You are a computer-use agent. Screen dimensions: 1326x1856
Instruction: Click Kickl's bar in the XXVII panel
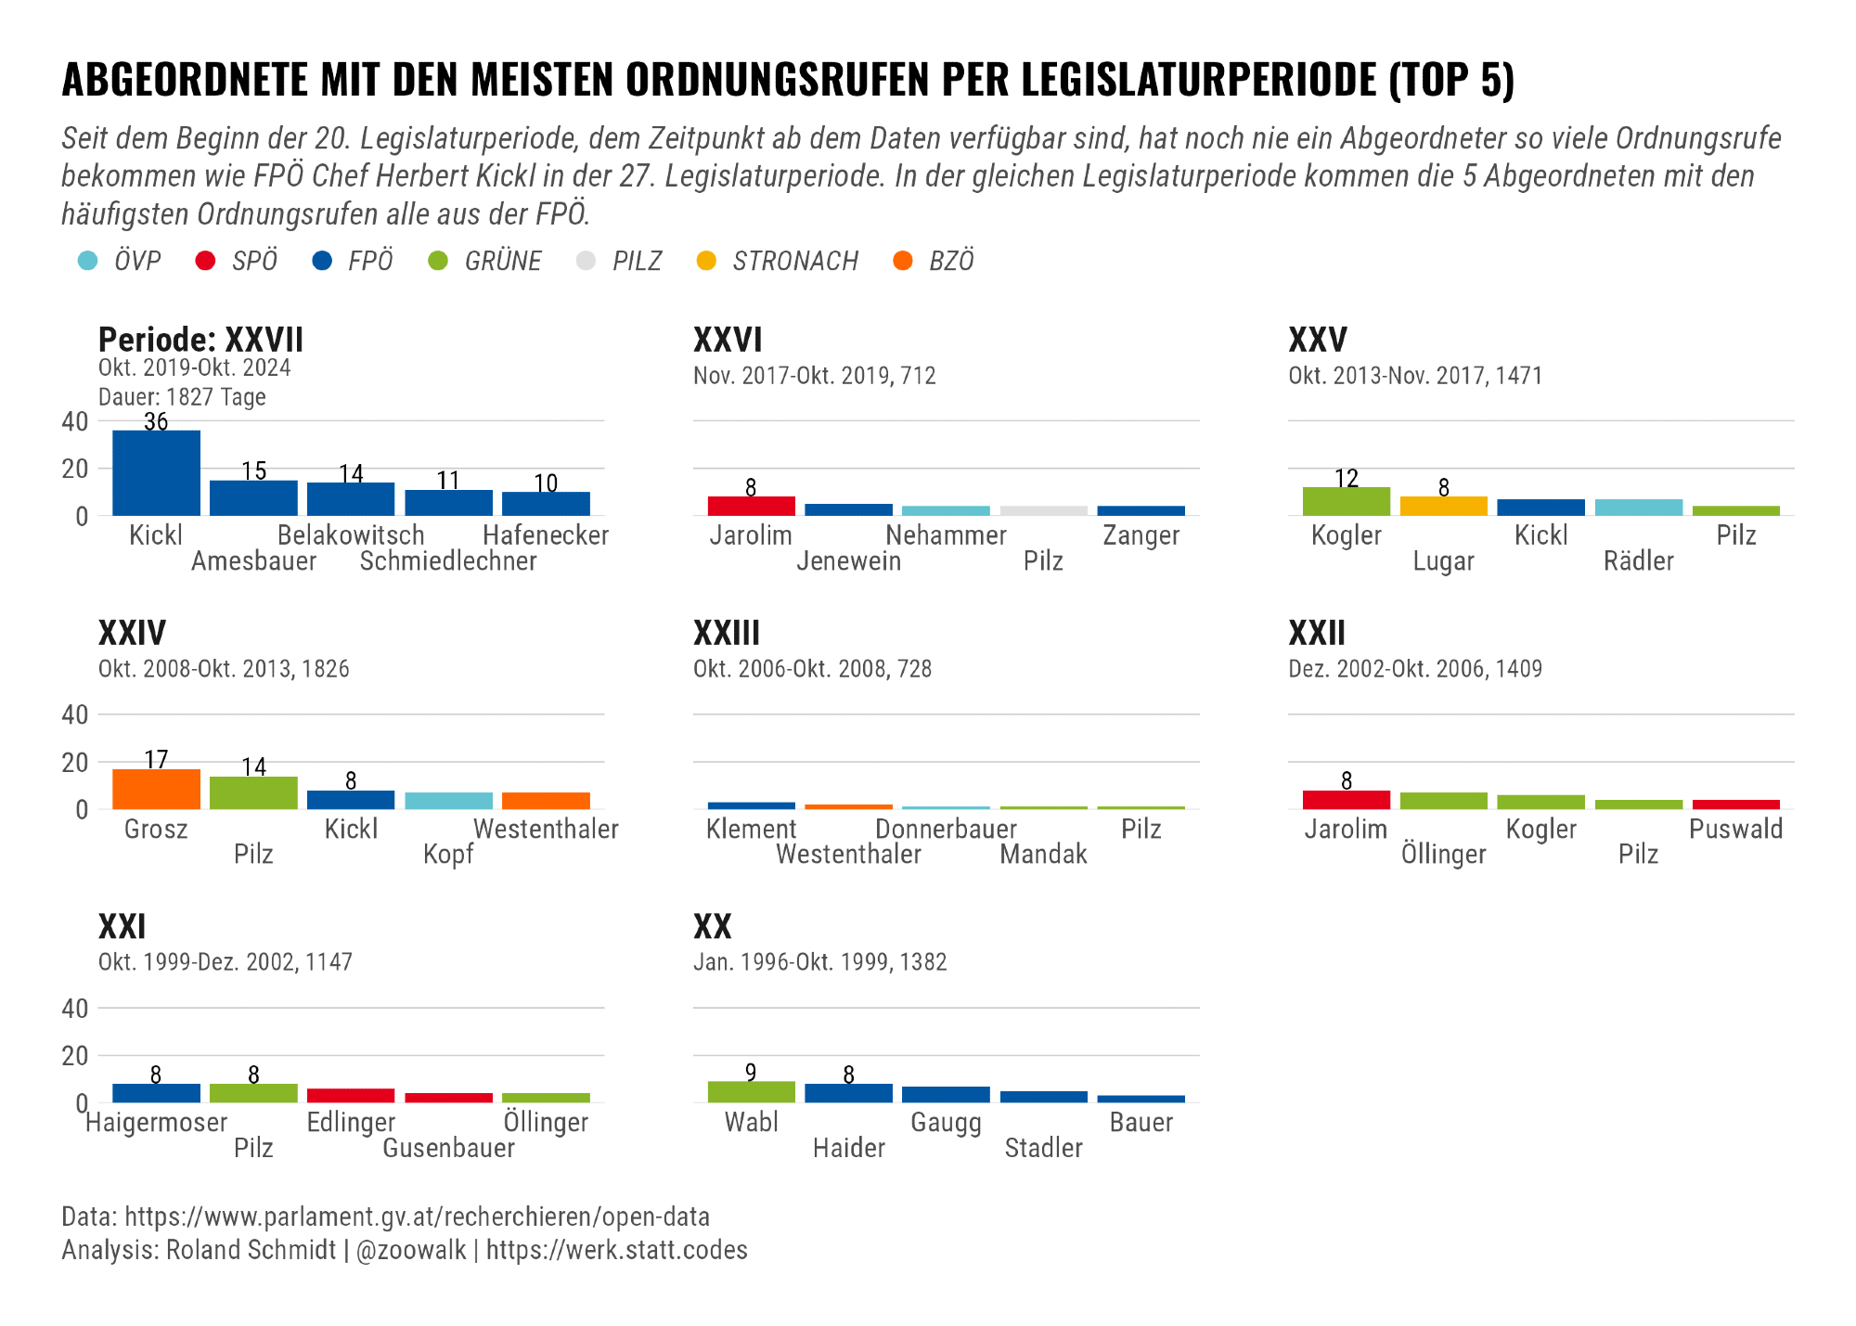click(156, 472)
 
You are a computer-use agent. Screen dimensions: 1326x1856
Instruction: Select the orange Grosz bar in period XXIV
click(156, 790)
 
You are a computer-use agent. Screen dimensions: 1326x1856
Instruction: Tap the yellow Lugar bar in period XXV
click(1443, 506)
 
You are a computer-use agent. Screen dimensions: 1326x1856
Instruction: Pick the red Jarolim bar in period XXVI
click(751, 506)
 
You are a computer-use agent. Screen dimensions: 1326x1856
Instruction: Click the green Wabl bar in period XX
click(751, 1092)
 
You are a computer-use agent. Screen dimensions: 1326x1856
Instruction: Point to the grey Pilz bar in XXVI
click(1043, 510)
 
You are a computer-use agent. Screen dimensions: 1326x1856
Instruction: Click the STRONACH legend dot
click(706, 262)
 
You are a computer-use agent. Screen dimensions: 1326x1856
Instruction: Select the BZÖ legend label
click(951, 262)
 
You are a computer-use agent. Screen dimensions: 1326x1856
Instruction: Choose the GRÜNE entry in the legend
click(502, 262)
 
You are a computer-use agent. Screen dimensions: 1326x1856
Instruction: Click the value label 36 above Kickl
click(156, 422)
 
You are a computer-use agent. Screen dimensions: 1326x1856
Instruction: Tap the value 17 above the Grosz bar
click(156, 760)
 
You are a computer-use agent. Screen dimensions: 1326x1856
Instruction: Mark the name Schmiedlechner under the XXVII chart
click(448, 561)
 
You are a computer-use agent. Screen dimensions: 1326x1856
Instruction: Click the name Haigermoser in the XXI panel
click(156, 1123)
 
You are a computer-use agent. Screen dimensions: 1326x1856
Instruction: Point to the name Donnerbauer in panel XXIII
click(946, 829)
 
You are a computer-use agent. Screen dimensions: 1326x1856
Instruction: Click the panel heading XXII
click(1317, 634)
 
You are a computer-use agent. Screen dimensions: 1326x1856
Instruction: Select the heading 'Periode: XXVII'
click(200, 341)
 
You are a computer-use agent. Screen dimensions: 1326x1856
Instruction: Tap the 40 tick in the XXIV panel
click(75, 714)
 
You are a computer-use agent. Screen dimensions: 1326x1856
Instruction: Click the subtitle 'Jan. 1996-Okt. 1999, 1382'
click(819, 962)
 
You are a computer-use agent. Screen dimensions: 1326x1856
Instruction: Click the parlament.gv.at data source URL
click(417, 1217)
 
